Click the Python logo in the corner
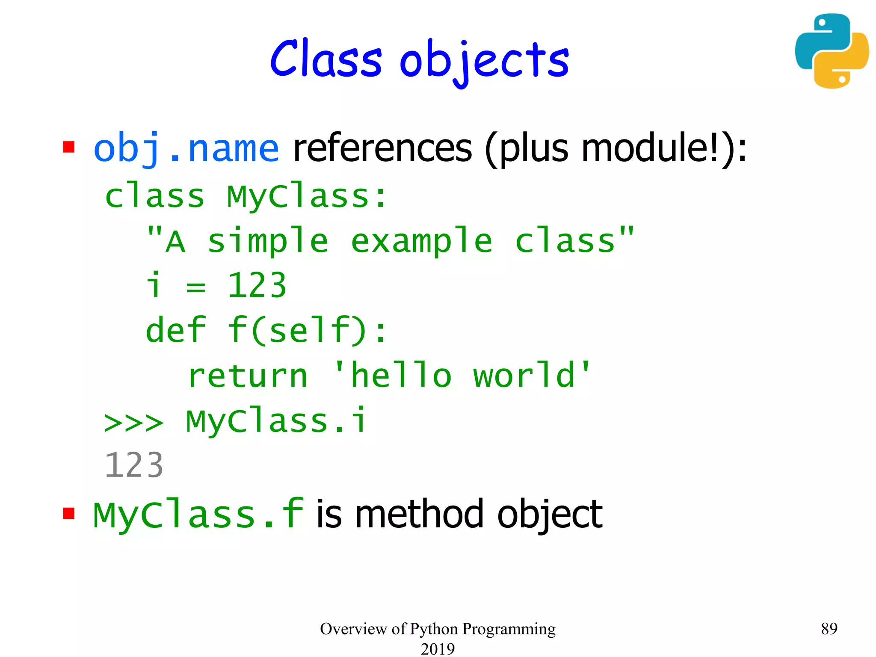832,51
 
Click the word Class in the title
326,59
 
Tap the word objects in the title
484,61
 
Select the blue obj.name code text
186,148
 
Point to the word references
382,148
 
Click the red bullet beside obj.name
68,147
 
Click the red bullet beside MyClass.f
68,513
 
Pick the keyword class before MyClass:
154,197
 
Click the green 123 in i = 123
257,286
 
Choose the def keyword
176,330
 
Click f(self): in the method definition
307,330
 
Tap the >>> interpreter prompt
133,423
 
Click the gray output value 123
133,465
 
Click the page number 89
829,628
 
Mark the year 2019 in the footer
438,648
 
